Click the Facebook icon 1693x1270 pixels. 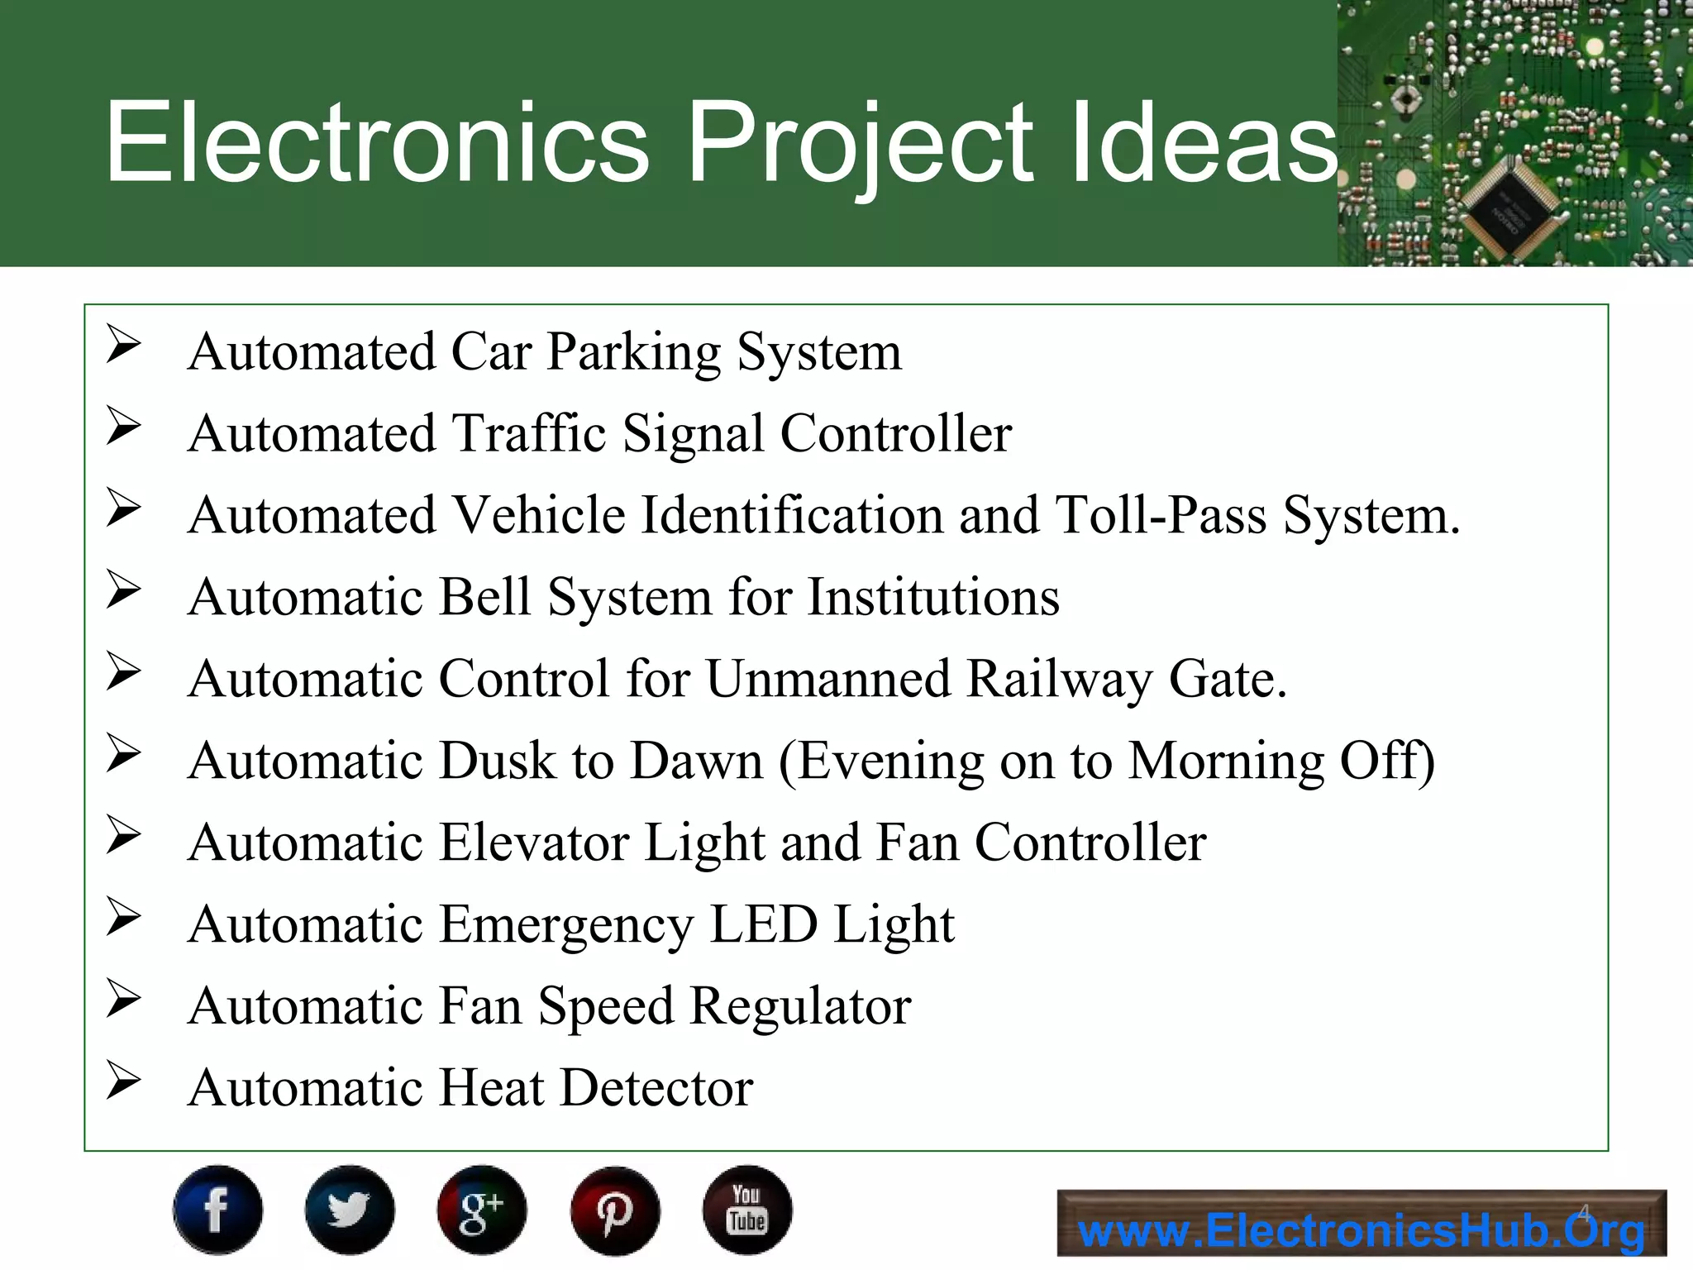pyautogui.click(x=217, y=1210)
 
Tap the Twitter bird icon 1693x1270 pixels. pyautogui.click(x=350, y=1210)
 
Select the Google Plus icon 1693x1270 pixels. pyautogui.click(x=482, y=1210)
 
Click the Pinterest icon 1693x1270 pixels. pyautogui.click(x=615, y=1210)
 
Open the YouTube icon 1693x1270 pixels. pyautogui.click(x=747, y=1210)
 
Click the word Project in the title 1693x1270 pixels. pyautogui.click(x=860, y=142)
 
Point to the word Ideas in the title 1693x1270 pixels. pyautogui.click(x=1203, y=142)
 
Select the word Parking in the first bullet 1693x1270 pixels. pyautogui.click(x=634, y=352)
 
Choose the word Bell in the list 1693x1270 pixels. pyautogui.click(x=484, y=597)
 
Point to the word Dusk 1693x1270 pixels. pyautogui.click(x=497, y=761)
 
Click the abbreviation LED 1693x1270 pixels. pyautogui.click(x=763, y=924)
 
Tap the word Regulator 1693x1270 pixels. pyautogui.click(x=800, y=1006)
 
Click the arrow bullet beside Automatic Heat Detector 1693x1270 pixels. pyautogui.click(x=124, y=1081)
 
